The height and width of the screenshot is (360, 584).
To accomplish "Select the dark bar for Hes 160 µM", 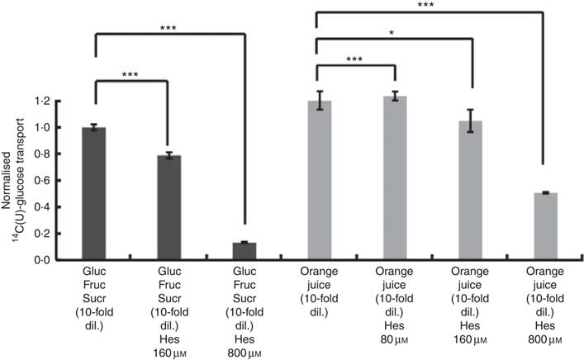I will click(169, 207).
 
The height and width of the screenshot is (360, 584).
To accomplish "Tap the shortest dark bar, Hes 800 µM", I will click(240, 251).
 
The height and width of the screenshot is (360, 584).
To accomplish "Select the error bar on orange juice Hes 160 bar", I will click(471, 121).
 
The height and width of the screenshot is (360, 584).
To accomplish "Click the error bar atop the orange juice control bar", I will click(319, 101).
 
